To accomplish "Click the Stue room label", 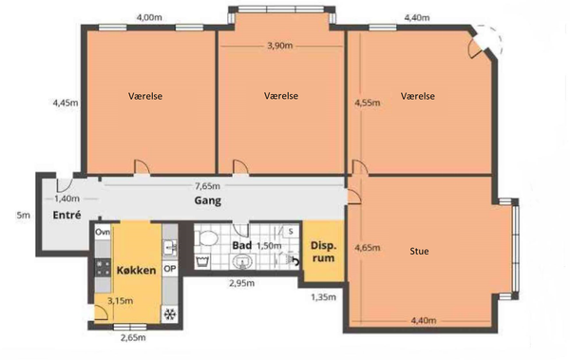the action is point(419,251).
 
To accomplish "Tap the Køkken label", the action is point(136,270).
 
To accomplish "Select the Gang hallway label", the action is point(207,200).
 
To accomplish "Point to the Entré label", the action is point(66,215).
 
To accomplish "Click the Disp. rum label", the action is point(323,252).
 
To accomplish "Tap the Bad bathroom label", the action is point(242,245).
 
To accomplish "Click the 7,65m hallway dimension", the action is point(207,186).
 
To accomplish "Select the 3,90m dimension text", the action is point(280,46).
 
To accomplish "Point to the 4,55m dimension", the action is point(368,103).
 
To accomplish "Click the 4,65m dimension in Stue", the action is point(368,248).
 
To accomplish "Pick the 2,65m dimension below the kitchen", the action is point(133,337).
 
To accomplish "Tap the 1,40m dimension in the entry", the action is point(66,199).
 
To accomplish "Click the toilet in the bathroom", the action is point(206,238).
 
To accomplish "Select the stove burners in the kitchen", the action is point(103,268).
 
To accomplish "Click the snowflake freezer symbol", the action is point(170,313).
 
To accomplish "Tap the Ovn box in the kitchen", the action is point(103,233).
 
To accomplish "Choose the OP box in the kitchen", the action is point(170,269).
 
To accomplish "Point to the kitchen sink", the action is point(170,248).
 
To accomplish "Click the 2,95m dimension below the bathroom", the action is point(241,283).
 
